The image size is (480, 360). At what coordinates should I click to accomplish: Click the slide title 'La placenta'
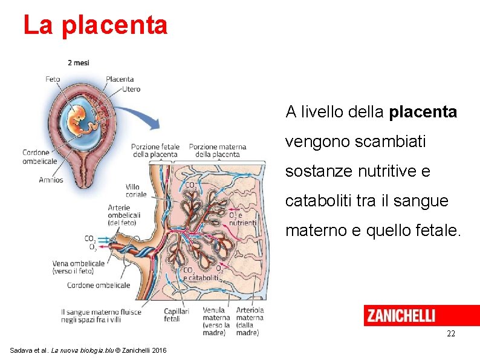pyautogui.click(x=95, y=25)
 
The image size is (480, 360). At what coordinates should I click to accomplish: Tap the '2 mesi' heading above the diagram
pyautogui.click(x=79, y=63)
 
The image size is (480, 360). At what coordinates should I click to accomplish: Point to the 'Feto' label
pyautogui.click(x=53, y=79)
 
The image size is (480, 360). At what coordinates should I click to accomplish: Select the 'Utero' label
pyautogui.click(x=131, y=89)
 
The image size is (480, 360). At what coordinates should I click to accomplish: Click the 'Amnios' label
pyautogui.click(x=51, y=180)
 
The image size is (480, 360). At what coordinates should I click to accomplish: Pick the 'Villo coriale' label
pyautogui.click(x=136, y=191)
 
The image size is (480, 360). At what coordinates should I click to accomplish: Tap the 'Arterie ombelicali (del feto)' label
pyautogui.click(x=124, y=215)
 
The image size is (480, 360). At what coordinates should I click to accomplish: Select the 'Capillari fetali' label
pyautogui.click(x=177, y=315)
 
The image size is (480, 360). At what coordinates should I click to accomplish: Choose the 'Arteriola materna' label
pyautogui.click(x=250, y=314)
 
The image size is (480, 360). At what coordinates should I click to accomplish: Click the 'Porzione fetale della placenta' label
pyautogui.click(x=155, y=150)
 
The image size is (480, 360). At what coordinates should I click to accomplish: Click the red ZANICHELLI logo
pyautogui.click(x=421, y=315)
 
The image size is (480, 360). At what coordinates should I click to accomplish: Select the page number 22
pyautogui.click(x=450, y=334)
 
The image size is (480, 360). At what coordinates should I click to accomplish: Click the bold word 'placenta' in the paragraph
pyautogui.click(x=423, y=113)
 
